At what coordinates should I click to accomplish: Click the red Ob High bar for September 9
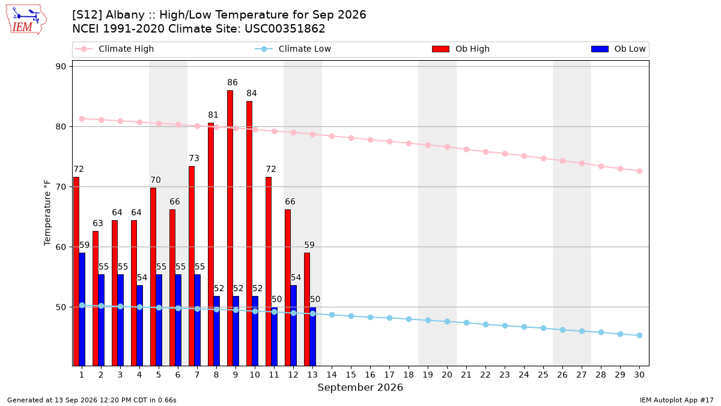(230, 228)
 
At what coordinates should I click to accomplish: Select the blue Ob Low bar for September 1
(82, 309)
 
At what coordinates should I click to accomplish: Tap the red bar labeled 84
(249, 233)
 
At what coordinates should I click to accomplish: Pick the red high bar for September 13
(307, 309)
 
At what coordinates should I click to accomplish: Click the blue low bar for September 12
(294, 325)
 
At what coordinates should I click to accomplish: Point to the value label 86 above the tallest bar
(233, 82)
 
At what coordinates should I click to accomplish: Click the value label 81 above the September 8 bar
(213, 115)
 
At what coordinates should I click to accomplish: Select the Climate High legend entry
(115, 49)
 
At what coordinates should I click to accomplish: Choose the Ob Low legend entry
(618, 49)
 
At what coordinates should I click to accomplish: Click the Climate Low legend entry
(293, 49)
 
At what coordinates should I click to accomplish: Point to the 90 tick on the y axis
(61, 67)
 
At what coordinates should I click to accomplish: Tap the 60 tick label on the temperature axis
(61, 247)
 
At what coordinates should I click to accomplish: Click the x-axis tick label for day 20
(447, 375)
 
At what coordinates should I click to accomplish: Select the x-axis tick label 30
(639, 375)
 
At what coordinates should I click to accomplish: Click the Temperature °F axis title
(47, 213)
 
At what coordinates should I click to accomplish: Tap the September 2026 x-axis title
(360, 387)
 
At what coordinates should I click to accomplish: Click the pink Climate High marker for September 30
(639, 171)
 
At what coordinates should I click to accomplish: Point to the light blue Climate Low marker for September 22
(485, 324)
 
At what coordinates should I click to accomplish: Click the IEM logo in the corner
(26, 20)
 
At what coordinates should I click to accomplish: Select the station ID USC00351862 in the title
(285, 29)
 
